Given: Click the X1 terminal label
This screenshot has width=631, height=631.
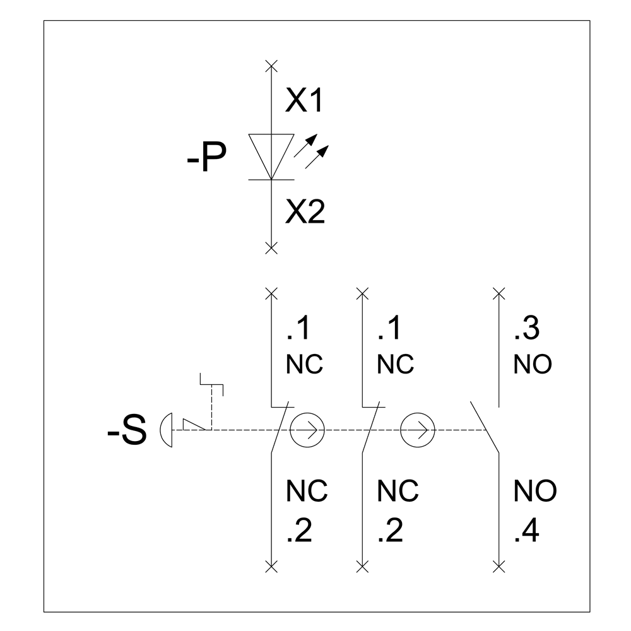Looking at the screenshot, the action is (x=304, y=100).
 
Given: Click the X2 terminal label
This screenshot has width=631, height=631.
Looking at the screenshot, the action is (x=305, y=211).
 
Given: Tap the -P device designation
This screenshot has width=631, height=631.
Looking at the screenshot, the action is (x=206, y=157).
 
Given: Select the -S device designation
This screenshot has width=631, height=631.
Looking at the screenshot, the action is (x=127, y=430).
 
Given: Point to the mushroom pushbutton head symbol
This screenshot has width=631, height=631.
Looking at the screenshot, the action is (x=166, y=430).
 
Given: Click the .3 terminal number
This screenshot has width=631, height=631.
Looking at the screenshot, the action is (x=526, y=328).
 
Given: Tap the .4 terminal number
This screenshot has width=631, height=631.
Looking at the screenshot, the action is (x=526, y=531).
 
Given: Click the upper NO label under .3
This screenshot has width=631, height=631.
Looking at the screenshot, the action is (x=533, y=364).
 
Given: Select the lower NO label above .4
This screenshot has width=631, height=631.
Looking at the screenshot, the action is (x=535, y=490).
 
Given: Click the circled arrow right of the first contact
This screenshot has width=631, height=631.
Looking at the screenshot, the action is (x=307, y=430).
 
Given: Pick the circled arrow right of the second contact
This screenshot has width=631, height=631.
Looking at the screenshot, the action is (x=418, y=430).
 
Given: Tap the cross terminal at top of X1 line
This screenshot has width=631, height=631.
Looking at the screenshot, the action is (x=271, y=66).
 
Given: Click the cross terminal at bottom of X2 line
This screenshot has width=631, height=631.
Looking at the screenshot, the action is (x=271, y=248).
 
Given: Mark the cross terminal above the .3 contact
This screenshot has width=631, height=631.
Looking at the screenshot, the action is (x=499, y=294).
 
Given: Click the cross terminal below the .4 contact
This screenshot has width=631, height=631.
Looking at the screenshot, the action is (x=499, y=567).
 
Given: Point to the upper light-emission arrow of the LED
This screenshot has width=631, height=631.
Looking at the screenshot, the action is (x=305, y=145).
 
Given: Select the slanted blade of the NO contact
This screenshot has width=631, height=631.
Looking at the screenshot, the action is (x=485, y=427).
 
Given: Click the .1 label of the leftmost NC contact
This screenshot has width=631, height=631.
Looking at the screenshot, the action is (x=298, y=328).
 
